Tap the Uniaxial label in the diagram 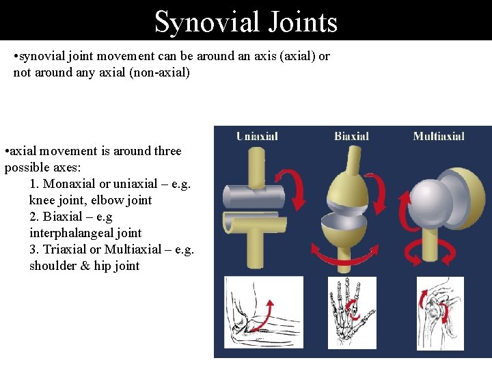click(x=257, y=137)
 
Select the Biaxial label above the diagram click(x=351, y=137)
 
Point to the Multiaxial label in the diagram click(x=439, y=137)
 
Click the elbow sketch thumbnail click(x=263, y=313)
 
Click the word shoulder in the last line click(x=53, y=266)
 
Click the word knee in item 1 click(x=42, y=200)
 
